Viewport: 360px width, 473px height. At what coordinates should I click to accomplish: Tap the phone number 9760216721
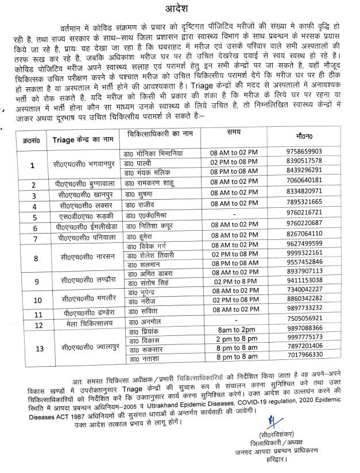[307, 216]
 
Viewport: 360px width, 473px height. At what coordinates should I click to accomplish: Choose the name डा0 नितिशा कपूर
[150, 227]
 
